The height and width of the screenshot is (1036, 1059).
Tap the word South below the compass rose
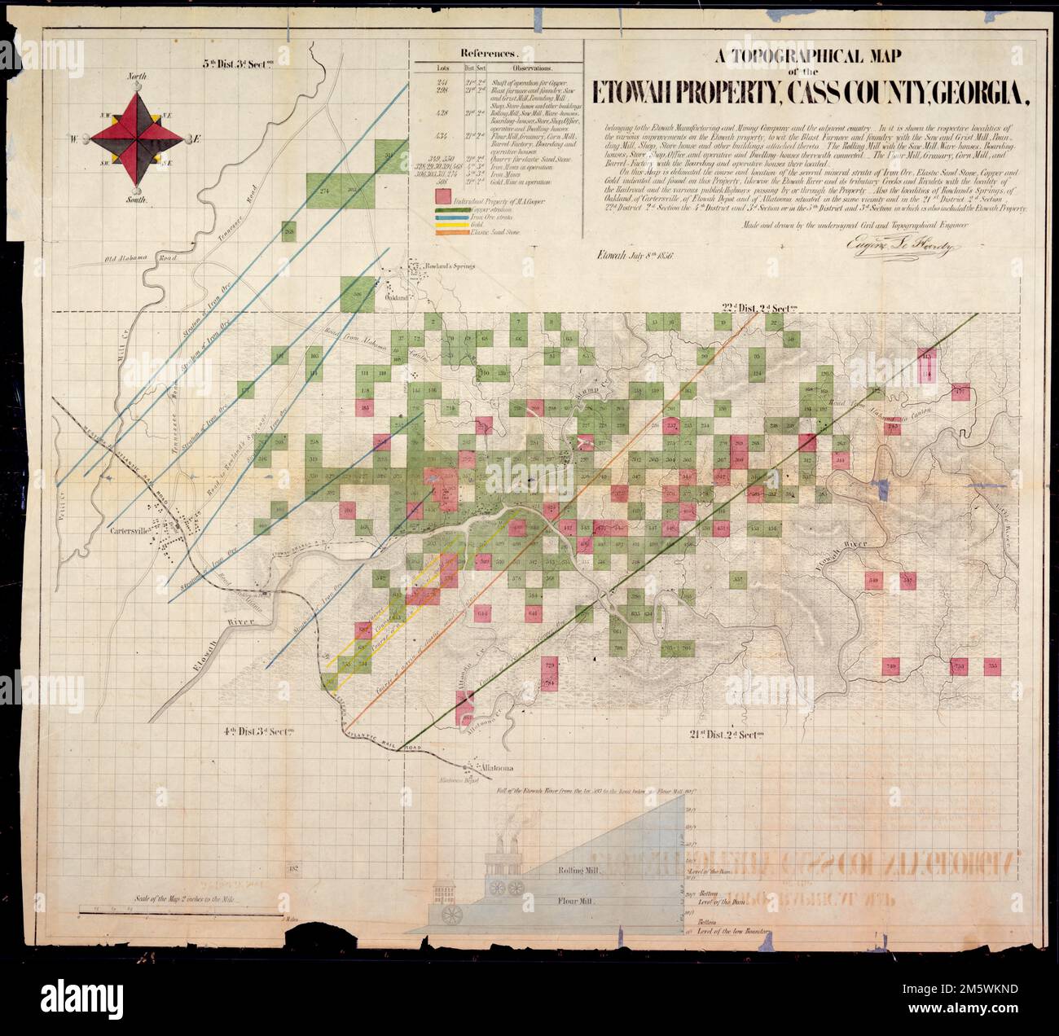[136, 200]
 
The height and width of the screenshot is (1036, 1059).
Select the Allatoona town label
[493, 768]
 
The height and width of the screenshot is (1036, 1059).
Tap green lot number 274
[326, 191]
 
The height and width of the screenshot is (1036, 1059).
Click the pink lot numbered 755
[992, 666]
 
